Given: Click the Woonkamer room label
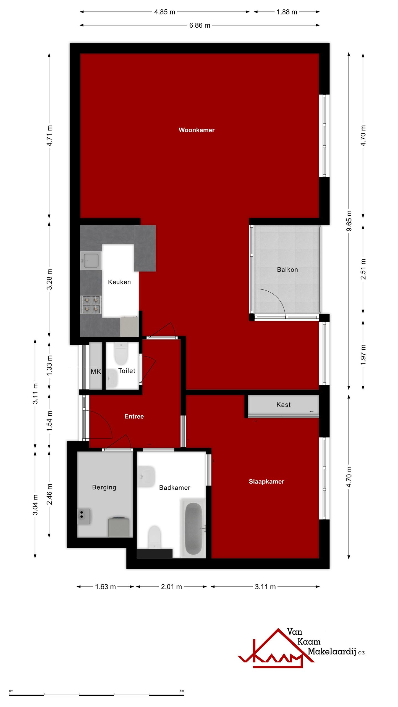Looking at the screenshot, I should click(197, 130).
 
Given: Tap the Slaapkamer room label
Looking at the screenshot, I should click(266, 481).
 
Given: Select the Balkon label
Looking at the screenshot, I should click(287, 270).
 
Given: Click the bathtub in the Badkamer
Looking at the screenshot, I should click(193, 528).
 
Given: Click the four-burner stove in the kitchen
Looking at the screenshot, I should click(91, 304).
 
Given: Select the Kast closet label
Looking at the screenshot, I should click(283, 405).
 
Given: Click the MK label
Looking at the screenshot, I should click(96, 372).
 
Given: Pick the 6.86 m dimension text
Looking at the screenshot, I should click(200, 25).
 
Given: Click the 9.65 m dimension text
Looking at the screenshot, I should click(349, 221).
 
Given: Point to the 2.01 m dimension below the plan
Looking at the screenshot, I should click(171, 587).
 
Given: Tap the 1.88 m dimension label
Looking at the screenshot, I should click(287, 12).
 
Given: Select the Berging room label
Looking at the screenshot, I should click(104, 487).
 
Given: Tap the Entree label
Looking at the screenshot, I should click(134, 416).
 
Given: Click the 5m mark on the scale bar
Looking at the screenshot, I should click(182, 691).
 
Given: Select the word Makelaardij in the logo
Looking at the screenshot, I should click(331, 651).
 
